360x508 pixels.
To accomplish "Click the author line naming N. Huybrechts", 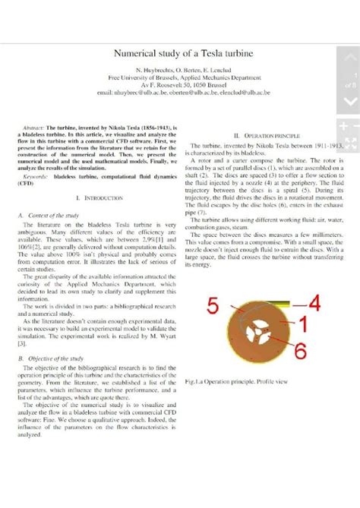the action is tap(179, 70).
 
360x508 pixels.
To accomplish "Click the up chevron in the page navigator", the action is tap(349, 58).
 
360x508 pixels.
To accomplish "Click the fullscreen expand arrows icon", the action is tap(349, 144).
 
